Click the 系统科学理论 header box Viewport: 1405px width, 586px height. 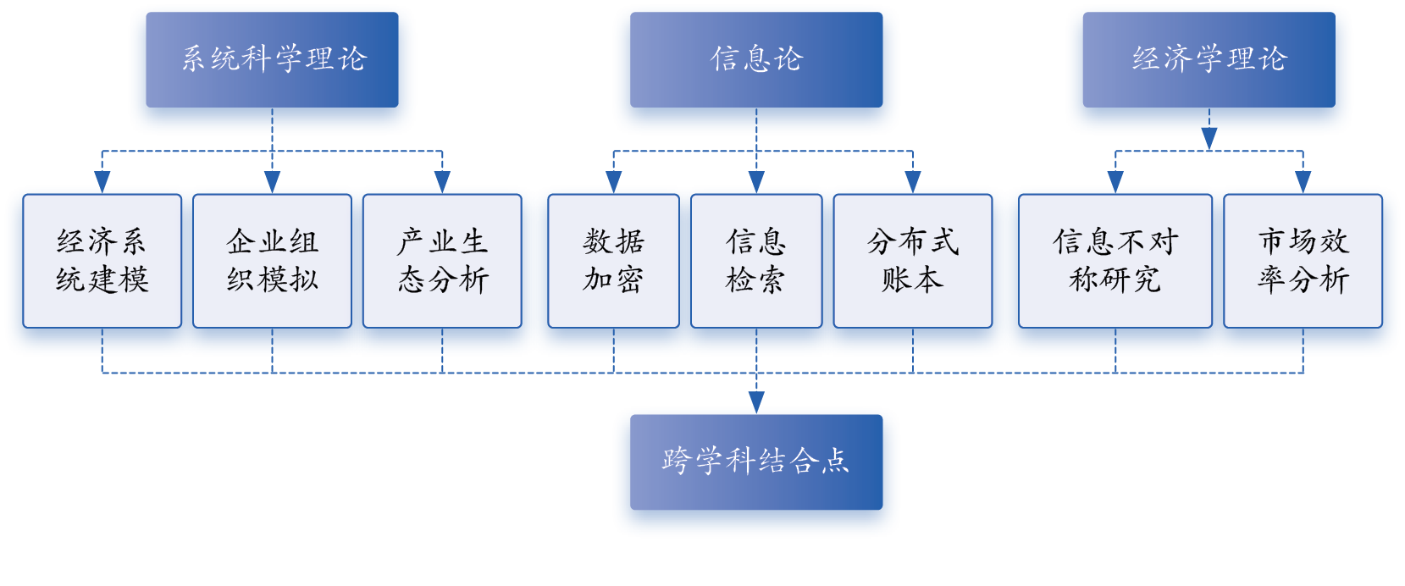tap(272, 59)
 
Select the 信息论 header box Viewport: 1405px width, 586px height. tap(755, 59)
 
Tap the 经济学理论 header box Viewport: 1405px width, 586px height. tap(1209, 59)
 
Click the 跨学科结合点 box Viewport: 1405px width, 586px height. tap(755, 462)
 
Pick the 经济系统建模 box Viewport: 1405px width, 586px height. tap(102, 261)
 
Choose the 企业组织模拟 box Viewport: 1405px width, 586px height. tap(272, 261)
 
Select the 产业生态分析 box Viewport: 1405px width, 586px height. tap(442, 261)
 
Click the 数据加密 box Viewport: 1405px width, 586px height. tap(613, 261)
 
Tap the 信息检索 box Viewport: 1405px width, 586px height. tap(755, 261)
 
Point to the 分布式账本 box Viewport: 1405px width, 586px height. tap(912, 261)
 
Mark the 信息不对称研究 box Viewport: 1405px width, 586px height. tap(1115, 261)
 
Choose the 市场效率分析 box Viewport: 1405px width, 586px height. tap(1303, 261)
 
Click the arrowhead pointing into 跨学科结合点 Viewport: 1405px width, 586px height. tap(756, 399)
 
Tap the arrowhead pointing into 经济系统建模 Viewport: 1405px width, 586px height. tap(102, 179)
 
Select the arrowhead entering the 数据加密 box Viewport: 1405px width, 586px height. tap(613, 179)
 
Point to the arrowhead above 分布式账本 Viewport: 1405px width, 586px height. tap(912, 179)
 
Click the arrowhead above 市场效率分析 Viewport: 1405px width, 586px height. tap(1303, 179)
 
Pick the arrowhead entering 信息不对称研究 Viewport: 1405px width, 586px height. tap(1115, 179)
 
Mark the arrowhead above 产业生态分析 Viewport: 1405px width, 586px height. tap(442, 179)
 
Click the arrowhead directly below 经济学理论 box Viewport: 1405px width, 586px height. tap(1209, 143)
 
